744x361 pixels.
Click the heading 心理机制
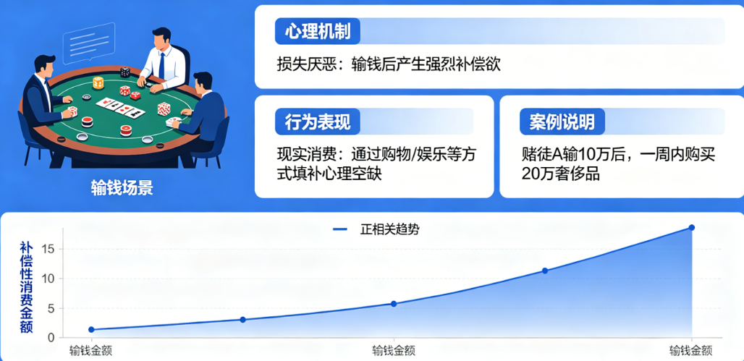point(318,33)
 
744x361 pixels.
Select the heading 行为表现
point(318,122)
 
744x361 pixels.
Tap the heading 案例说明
point(562,122)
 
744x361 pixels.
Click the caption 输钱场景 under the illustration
point(122,188)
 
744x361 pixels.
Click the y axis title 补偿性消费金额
point(27,287)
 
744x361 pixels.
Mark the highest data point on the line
point(691,228)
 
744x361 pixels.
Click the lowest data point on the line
point(91,330)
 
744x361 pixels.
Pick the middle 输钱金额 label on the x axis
point(394,351)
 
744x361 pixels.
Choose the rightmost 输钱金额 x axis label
point(691,351)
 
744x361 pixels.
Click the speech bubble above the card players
point(89,43)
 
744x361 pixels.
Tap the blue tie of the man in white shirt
point(161,65)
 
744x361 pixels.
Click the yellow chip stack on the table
point(98,82)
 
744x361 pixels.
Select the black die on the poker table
point(124,72)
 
